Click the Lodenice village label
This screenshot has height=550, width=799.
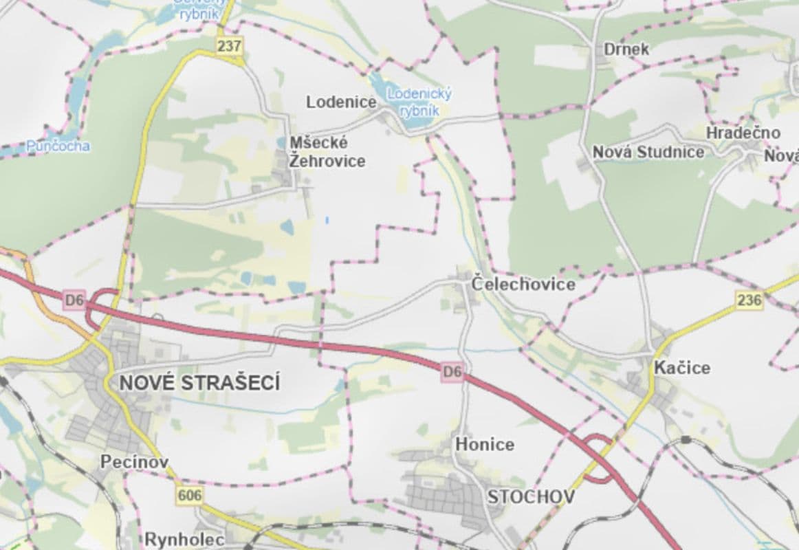tap(341, 102)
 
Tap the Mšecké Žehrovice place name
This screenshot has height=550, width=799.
tap(327, 152)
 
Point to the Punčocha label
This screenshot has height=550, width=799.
tap(58, 146)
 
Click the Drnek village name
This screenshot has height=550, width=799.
tap(626, 49)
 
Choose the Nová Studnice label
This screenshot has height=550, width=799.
tap(648, 152)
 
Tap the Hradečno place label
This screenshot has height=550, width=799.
tap(743, 133)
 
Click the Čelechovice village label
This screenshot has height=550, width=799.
tap(523, 284)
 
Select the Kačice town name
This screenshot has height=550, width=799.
tap(682, 368)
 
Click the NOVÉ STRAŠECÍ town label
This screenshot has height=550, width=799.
tap(199, 384)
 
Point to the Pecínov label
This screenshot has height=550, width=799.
tap(134, 462)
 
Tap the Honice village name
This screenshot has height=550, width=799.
tap(484, 445)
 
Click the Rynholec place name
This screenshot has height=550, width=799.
tap(184, 539)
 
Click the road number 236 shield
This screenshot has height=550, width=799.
tap(749, 300)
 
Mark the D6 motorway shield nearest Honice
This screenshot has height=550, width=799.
tap(452, 372)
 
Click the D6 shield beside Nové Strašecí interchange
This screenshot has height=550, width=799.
tap(74, 300)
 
